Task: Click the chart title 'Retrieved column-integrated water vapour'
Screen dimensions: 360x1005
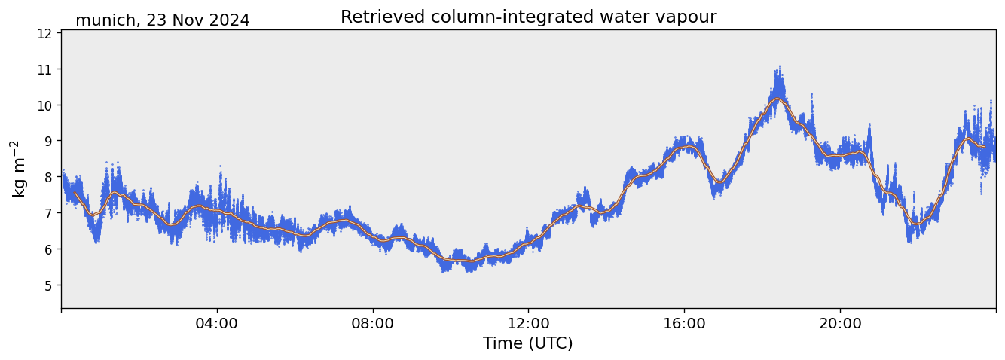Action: (528, 17)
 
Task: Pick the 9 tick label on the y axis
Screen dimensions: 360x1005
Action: (47, 141)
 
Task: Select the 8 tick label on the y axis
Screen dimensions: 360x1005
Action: (47, 177)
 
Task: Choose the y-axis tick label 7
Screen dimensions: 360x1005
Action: (47, 213)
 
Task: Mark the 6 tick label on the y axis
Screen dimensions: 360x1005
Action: (47, 249)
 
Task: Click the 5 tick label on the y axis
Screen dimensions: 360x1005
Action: (47, 285)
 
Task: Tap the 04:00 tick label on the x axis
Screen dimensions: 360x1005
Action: (217, 323)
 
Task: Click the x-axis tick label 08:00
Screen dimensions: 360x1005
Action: (372, 323)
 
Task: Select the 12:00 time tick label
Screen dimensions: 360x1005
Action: (528, 323)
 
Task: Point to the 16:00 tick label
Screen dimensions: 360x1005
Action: (684, 323)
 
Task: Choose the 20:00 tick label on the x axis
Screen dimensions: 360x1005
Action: (839, 323)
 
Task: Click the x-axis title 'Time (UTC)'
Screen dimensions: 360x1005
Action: (528, 343)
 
